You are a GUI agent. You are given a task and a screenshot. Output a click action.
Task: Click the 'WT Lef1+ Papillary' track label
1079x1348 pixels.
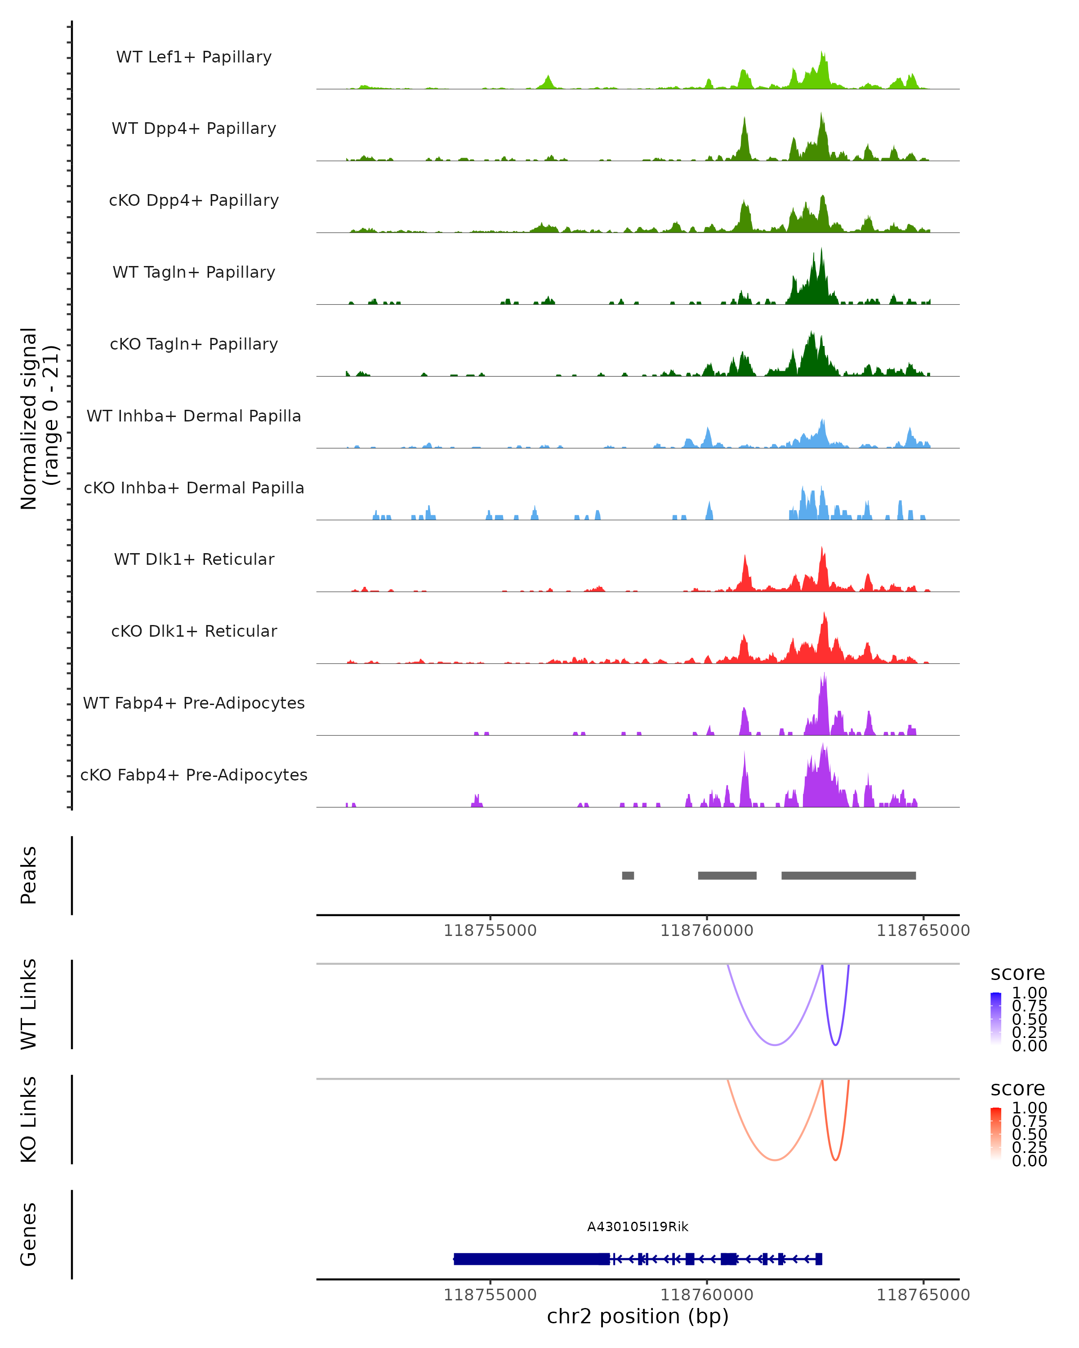194,57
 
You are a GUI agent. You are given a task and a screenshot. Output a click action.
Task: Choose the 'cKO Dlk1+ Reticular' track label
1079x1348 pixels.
194,631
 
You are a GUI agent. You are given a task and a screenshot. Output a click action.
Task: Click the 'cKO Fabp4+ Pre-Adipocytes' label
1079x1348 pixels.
194,775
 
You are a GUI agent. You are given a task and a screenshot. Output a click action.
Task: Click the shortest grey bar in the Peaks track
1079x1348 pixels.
628,875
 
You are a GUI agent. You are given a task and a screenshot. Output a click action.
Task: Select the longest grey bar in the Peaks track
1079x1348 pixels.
848,875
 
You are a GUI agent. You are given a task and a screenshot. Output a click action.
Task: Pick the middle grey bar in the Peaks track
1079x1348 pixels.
727,875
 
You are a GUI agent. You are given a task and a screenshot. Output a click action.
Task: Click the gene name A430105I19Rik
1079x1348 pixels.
638,1227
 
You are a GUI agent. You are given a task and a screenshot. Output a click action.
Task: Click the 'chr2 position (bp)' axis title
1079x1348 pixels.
638,1317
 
